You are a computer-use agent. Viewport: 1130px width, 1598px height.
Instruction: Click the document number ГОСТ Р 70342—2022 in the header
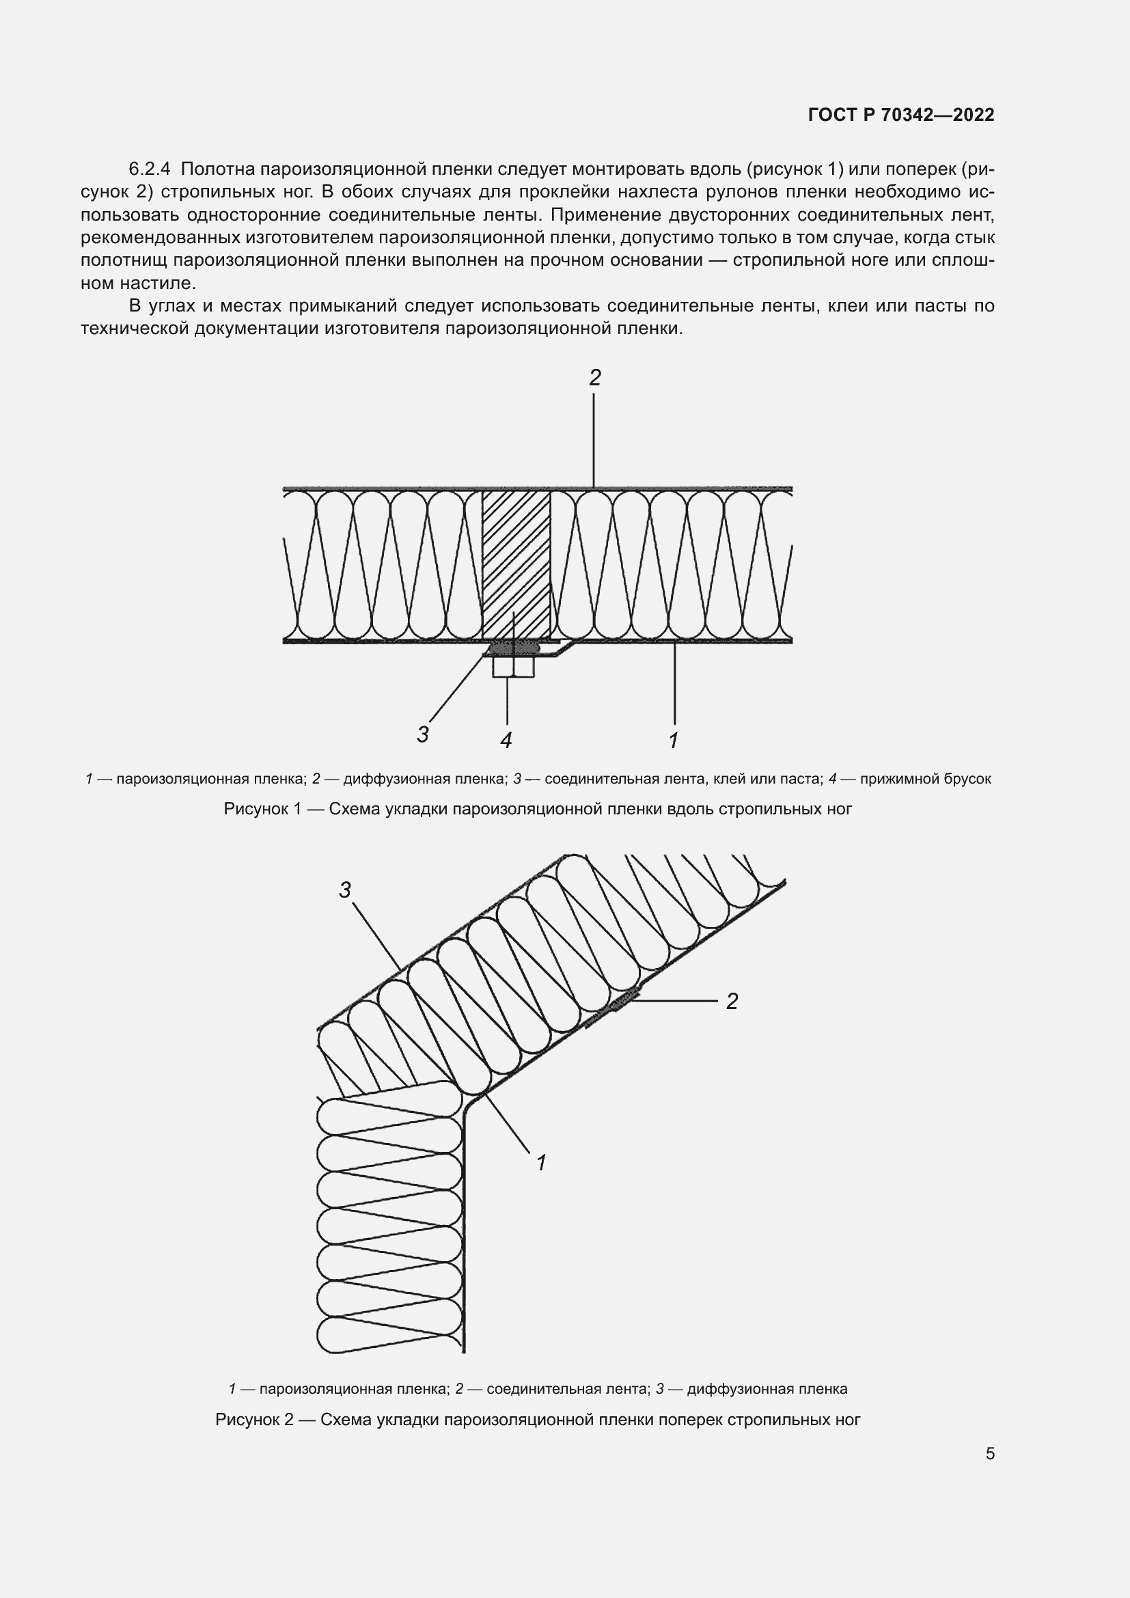click(x=901, y=115)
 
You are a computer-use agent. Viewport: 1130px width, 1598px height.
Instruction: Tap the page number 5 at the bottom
click(x=990, y=1453)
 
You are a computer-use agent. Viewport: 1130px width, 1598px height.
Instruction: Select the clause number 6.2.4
click(x=150, y=169)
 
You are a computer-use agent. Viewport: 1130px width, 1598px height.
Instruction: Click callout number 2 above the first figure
click(x=594, y=378)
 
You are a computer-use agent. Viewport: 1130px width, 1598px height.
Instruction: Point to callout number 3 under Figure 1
click(x=422, y=734)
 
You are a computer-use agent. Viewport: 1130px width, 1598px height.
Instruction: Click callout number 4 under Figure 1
click(x=506, y=741)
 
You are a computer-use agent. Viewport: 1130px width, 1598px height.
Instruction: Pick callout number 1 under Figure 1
click(x=673, y=741)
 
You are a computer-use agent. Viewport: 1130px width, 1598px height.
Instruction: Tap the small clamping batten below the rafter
click(x=514, y=667)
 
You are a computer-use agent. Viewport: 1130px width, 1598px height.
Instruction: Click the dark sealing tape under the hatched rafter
click(x=515, y=648)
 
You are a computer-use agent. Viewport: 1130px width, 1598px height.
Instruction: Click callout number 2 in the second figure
click(x=731, y=1002)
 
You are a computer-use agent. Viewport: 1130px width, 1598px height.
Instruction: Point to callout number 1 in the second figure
click(x=541, y=1162)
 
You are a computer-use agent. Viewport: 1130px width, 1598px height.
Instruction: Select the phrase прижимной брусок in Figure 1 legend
click(x=925, y=779)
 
